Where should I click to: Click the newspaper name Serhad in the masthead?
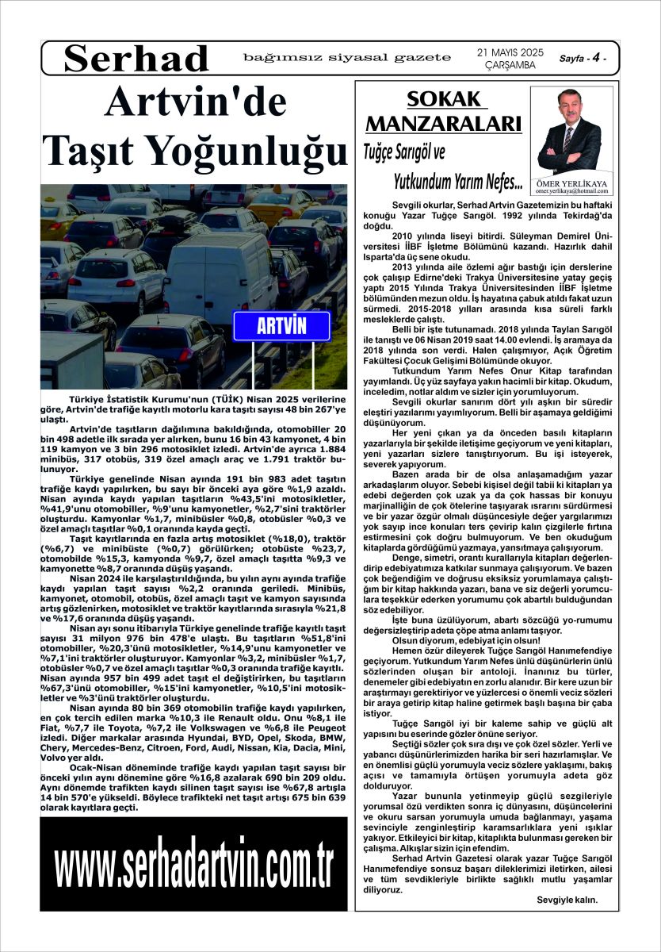(136, 59)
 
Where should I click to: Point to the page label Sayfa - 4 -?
(584, 59)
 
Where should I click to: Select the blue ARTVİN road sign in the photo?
(281, 326)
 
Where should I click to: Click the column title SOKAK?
(444, 99)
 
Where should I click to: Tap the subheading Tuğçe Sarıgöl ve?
(427, 151)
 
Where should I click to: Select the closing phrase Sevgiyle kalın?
(567, 900)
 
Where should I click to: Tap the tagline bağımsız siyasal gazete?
(347, 57)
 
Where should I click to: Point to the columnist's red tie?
(568, 137)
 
